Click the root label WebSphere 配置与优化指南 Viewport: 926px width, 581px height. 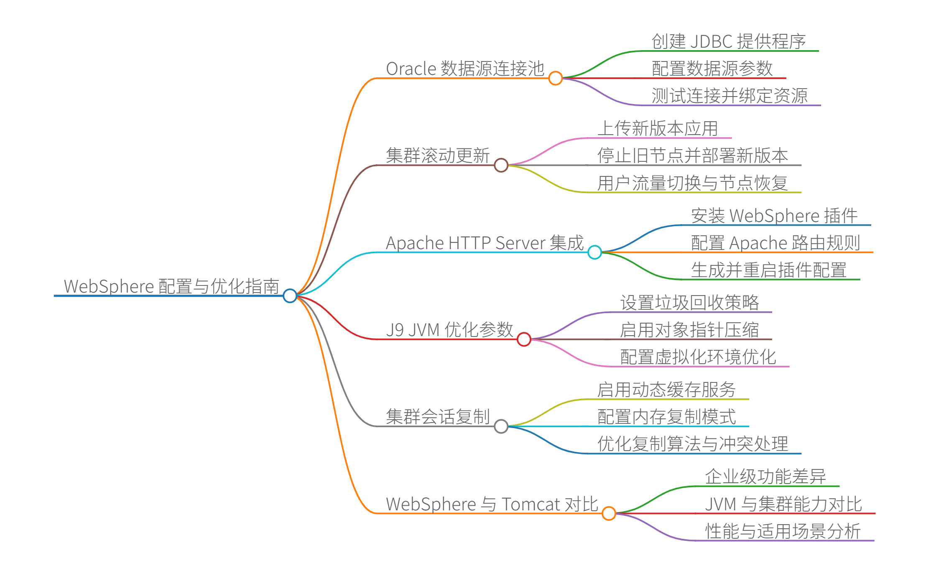pyautogui.click(x=171, y=286)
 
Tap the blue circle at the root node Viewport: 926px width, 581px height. pyautogui.click(x=290, y=296)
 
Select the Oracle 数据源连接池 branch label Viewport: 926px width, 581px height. pyautogui.click(x=465, y=69)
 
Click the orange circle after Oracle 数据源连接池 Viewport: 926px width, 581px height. pyautogui.click(x=555, y=78)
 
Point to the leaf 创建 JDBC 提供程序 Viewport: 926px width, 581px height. pyautogui.click(x=728, y=42)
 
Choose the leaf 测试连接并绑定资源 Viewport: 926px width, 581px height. pyautogui.click(x=730, y=96)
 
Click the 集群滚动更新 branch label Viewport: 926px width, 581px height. pyautogui.click(x=438, y=156)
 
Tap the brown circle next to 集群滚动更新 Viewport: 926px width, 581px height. pyautogui.click(x=501, y=165)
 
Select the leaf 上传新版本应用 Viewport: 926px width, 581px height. pyautogui.click(x=658, y=129)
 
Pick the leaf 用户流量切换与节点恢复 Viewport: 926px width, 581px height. pyautogui.click(x=692, y=183)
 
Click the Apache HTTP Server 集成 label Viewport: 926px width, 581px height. pyautogui.click(x=485, y=243)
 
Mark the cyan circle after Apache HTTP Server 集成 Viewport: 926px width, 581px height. pyautogui.click(x=594, y=252)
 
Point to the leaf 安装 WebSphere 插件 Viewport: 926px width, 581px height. pyautogui.click(x=774, y=216)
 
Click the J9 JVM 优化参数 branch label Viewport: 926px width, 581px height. pyautogui.click(x=449, y=330)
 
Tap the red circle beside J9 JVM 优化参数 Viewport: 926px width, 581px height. pyautogui.click(x=524, y=339)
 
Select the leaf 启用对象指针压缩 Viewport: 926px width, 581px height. pyautogui.click(x=689, y=330)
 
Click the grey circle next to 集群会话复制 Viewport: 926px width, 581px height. pyautogui.click(x=501, y=426)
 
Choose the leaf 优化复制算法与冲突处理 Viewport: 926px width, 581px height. pyautogui.click(x=692, y=444)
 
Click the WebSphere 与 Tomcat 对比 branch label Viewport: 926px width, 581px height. pyautogui.click(x=492, y=504)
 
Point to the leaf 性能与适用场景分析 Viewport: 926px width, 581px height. pyautogui.click(x=783, y=531)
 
